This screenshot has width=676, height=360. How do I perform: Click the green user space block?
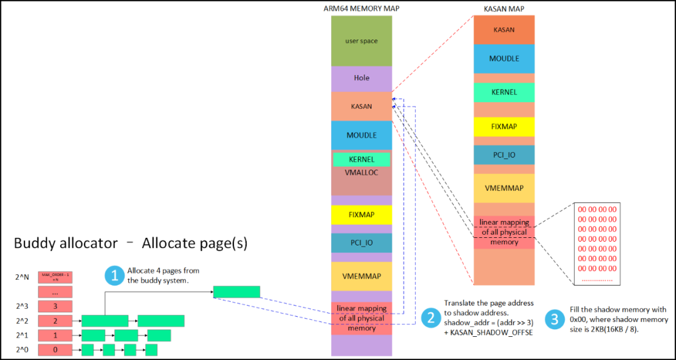[361, 41]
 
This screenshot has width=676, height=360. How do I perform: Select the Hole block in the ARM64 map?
[361, 78]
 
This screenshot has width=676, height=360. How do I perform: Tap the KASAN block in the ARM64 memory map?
[361, 106]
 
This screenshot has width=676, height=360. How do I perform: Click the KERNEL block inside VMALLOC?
[361, 160]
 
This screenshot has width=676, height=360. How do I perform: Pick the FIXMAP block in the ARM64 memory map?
[361, 215]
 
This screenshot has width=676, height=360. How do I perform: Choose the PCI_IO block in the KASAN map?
[503, 155]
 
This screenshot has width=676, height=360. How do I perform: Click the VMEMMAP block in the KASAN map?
[503, 188]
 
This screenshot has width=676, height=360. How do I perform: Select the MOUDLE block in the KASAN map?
[503, 58]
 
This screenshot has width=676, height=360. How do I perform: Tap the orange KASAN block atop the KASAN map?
[503, 29]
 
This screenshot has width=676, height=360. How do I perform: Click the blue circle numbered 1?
[114, 275]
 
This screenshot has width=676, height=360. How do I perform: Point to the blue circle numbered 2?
[431, 318]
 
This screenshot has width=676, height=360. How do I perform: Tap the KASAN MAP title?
[504, 9]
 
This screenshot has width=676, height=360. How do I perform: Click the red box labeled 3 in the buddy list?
[55, 306]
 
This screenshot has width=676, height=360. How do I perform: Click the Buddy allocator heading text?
[130, 244]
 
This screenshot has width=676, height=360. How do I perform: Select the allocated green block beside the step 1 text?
[237, 292]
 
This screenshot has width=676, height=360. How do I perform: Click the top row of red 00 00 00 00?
[597, 209]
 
